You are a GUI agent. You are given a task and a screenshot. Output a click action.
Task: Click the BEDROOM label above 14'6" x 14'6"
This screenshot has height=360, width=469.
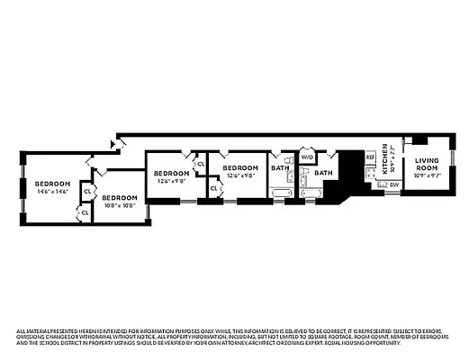tap(52, 184)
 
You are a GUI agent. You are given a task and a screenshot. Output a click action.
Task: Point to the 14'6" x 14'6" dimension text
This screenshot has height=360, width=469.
tap(52, 192)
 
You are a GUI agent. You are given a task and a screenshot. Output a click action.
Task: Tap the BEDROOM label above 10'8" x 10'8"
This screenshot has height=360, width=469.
tap(119, 197)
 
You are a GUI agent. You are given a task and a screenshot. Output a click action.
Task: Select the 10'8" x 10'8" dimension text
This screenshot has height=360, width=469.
tap(119, 205)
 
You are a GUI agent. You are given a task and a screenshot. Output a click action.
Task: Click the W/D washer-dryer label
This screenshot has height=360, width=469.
tap(306, 157)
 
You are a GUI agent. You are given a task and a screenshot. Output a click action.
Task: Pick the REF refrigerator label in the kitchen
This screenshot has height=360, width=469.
tap(370, 157)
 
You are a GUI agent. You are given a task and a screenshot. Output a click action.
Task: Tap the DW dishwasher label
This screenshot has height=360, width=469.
tap(393, 184)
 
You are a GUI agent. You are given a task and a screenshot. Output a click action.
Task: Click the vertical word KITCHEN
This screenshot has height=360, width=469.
tap(384, 158)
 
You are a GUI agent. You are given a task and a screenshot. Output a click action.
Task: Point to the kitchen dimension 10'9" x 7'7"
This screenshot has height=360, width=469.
tap(392, 159)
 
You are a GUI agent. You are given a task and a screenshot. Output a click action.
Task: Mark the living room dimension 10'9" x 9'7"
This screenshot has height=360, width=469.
tap(426, 175)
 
